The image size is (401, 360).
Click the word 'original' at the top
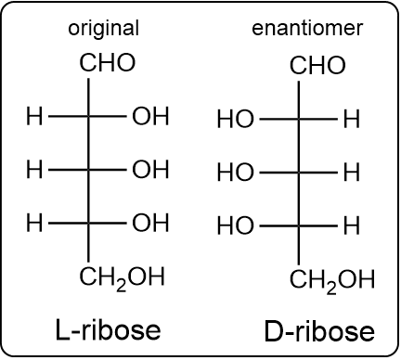pos(104,29)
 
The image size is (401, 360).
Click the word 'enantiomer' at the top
pos(307,29)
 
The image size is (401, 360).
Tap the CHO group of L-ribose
pos(108,63)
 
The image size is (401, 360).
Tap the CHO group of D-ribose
pos(317,66)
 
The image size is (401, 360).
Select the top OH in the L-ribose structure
pos(150,117)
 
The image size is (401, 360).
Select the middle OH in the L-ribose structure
pos(150,170)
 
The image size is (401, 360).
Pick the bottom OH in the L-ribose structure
pos(150,223)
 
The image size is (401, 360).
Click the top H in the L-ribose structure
pos(34,117)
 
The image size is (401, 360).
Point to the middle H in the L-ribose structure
pos(34,170)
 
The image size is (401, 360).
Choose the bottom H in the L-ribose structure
pos(34,223)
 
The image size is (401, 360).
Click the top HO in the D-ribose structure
pos(235,119)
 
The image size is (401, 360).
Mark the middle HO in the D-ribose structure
pos(235,173)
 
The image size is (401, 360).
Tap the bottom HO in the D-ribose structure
pos(235,225)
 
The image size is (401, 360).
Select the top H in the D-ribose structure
pos(351,119)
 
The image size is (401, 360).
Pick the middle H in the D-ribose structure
pos(351,173)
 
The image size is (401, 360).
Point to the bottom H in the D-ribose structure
pos(351,225)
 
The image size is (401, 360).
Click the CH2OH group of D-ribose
pos(332,279)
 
